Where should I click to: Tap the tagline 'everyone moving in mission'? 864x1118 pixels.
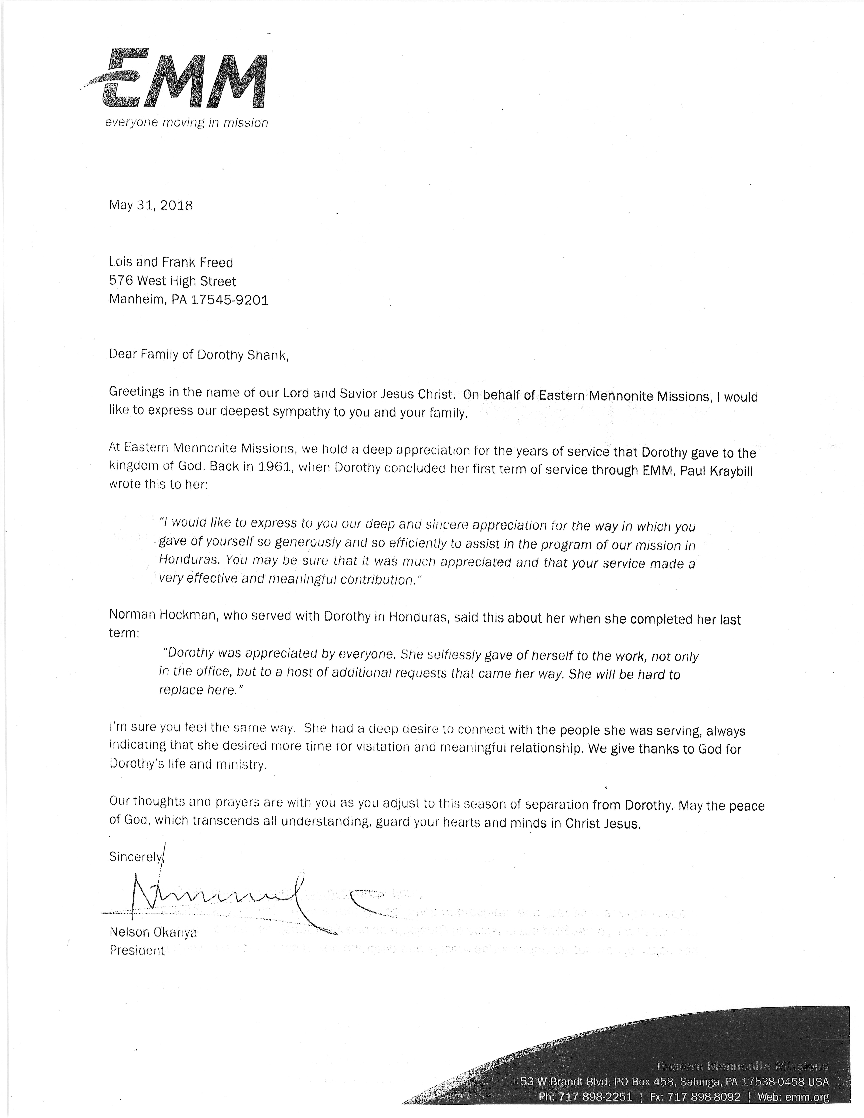pyautogui.click(x=186, y=123)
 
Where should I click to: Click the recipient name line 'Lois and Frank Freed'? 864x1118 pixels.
pyautogui.click(x=171, y=263)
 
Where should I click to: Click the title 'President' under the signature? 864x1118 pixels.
pyautogui.click(x=137, y=951)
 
